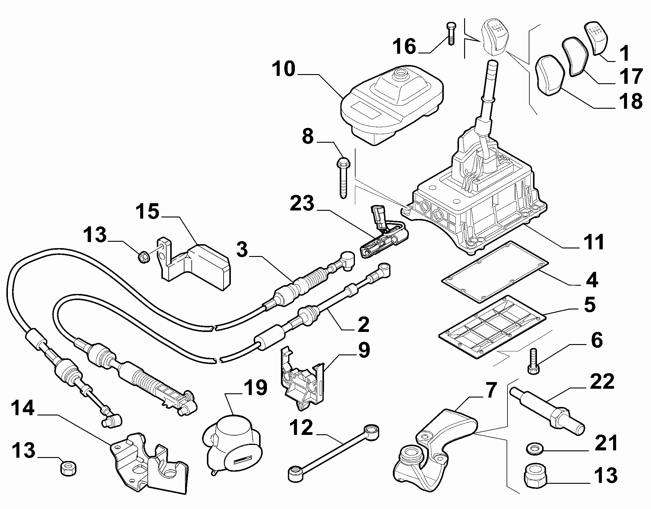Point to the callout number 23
point(302,203)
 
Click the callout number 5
point(589,305)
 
